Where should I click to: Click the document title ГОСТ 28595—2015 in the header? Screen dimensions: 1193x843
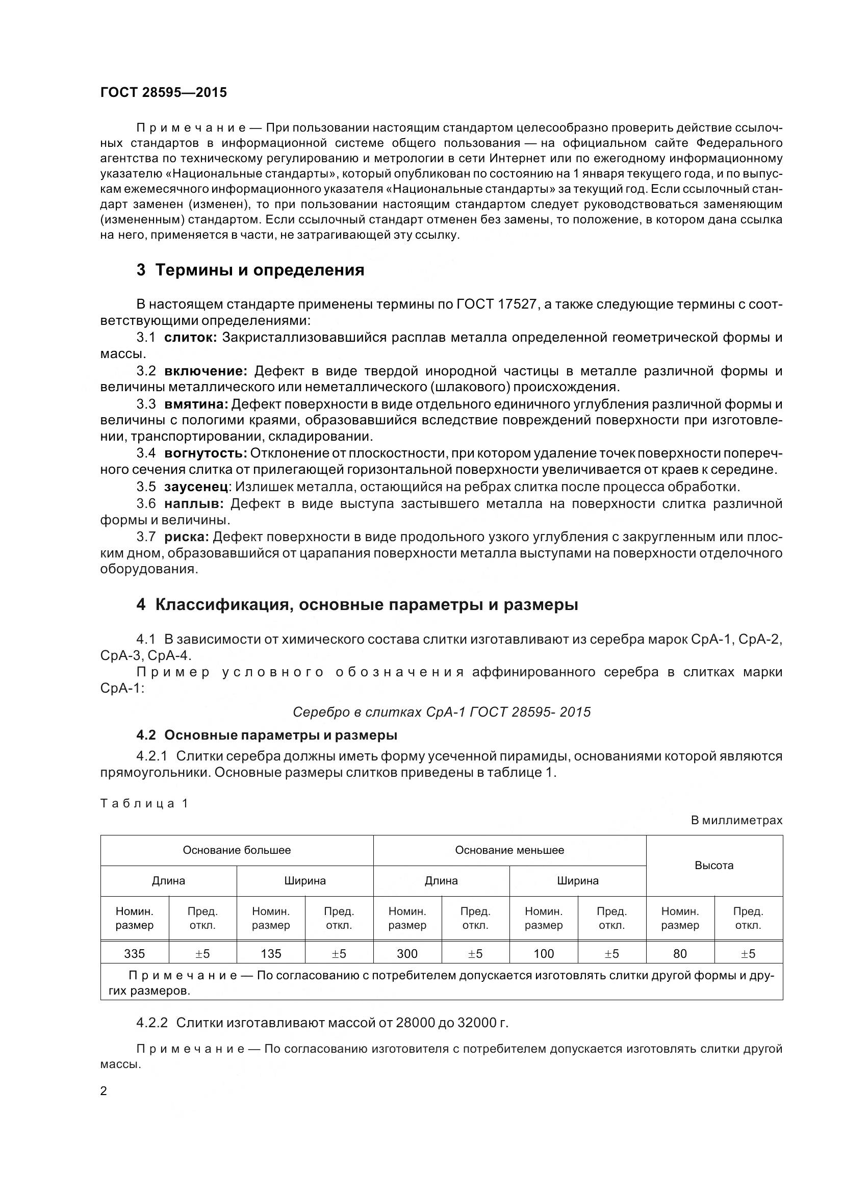(x=163, y=92)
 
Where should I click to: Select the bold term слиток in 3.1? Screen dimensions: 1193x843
(x=190, y=338)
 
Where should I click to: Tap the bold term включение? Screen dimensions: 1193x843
(x=206, y=371)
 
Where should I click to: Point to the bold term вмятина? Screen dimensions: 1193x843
(x=196, y=404)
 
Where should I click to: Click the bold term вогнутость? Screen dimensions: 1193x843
(x=205, y=453)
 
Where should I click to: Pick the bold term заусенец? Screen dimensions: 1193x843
(x=196, y=487)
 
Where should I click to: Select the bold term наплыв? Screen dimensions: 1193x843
(x=193, y=503)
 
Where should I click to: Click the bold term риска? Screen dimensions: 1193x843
(x=187, y=536)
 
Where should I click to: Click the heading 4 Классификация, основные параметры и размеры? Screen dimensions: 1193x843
(x=357, y=605)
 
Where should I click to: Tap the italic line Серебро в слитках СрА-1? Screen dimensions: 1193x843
(x=442, y=712)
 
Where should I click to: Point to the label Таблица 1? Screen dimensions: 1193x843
(x=144, y=804)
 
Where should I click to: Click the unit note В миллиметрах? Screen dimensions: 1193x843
(x=736, y=821)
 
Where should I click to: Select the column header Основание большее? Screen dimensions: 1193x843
(x=236, y=851)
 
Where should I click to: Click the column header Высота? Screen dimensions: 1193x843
(x=713, y=866)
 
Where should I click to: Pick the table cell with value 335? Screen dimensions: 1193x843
(x=135, y=954)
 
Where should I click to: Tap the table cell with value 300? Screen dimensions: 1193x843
(x=407, y=954)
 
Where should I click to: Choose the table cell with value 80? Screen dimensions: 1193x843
(x=679, y=954)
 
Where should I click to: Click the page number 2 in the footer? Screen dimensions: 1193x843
(x=104, y=1091)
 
